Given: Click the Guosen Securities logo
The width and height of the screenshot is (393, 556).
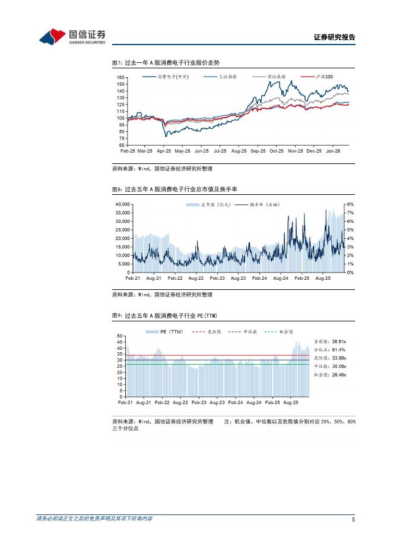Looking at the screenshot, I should coord(72,37).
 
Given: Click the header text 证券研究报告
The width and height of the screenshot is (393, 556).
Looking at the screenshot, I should coord(334,37).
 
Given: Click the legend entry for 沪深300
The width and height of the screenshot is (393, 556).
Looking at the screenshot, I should coord(324,77).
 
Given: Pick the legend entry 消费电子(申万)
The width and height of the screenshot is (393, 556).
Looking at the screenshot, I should coord(172,77).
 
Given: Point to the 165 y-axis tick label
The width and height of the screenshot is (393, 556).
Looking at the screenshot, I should coord(120,78).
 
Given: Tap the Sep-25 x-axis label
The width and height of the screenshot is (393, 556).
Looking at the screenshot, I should coord(258,151).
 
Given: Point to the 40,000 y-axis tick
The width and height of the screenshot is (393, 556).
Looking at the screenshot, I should coord(121,204).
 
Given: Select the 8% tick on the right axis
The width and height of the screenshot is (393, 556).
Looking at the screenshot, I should coord(350,204).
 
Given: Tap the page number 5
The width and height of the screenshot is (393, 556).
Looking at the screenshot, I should coord(353,519).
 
